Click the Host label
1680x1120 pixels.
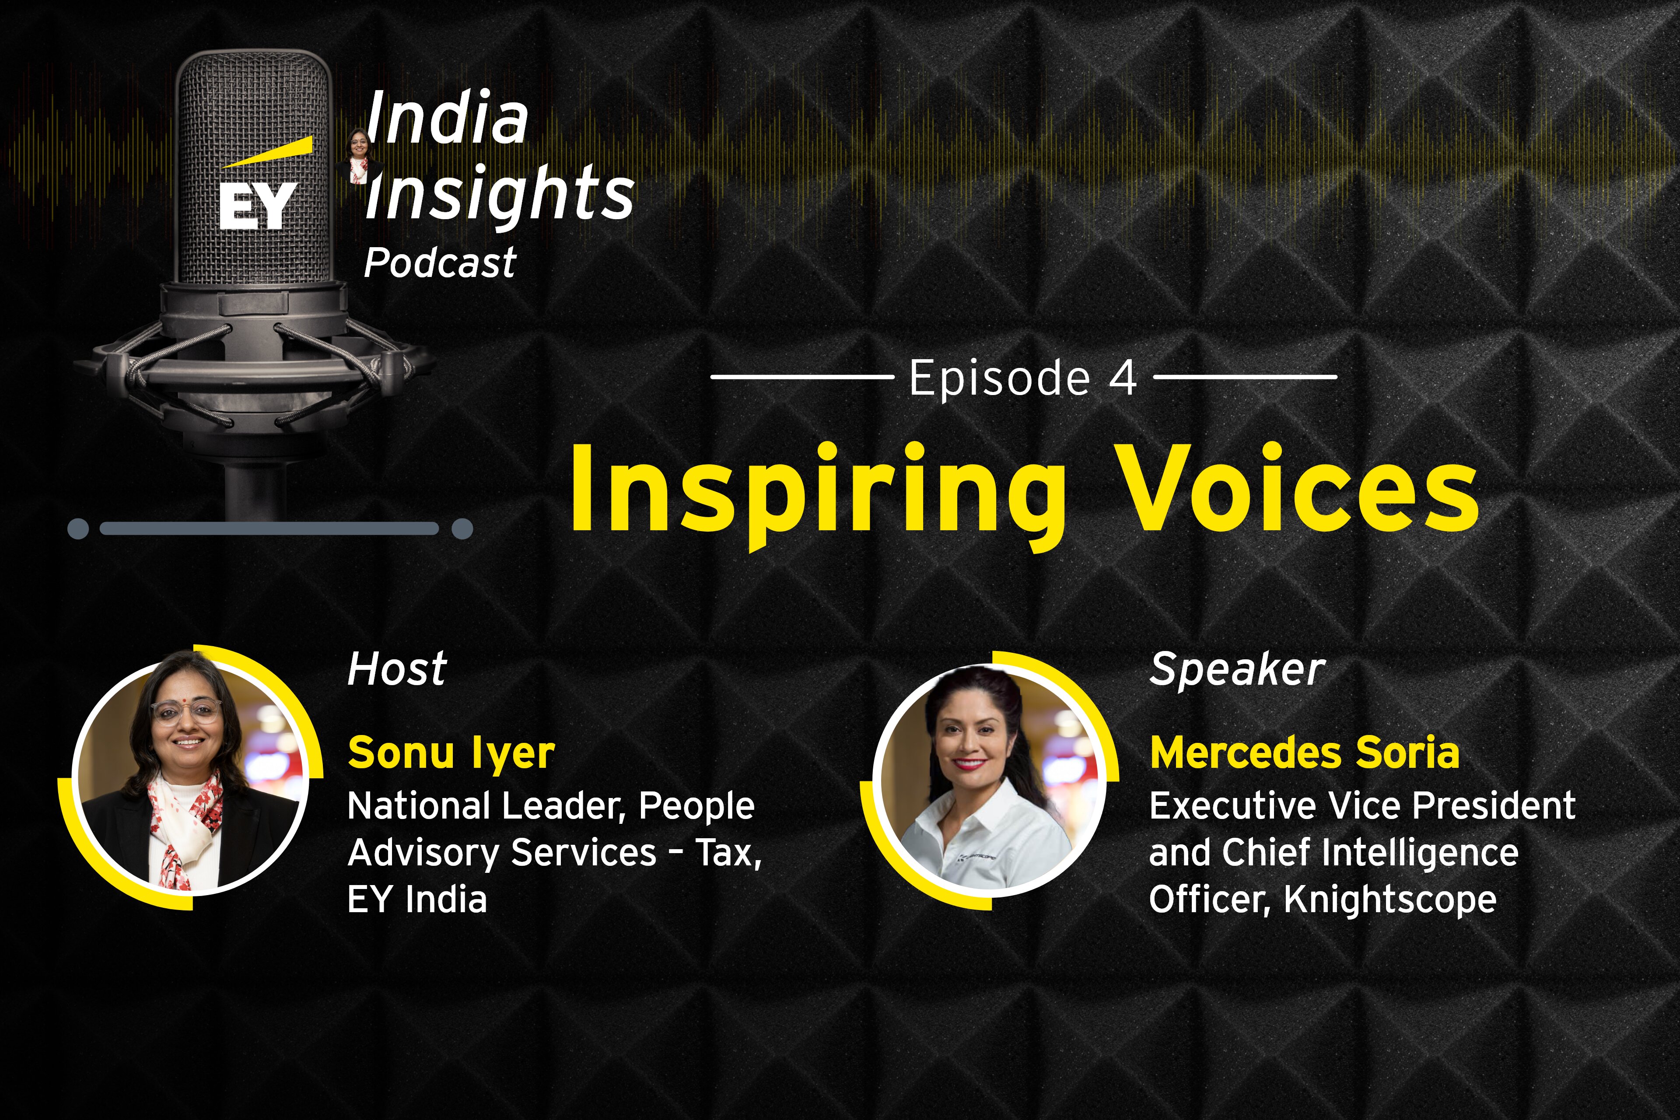click(397, 669)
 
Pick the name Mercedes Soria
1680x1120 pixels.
click(1304, 753)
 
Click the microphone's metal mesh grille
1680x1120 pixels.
click(254, 171)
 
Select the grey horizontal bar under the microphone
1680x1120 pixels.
click(269, 528)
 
